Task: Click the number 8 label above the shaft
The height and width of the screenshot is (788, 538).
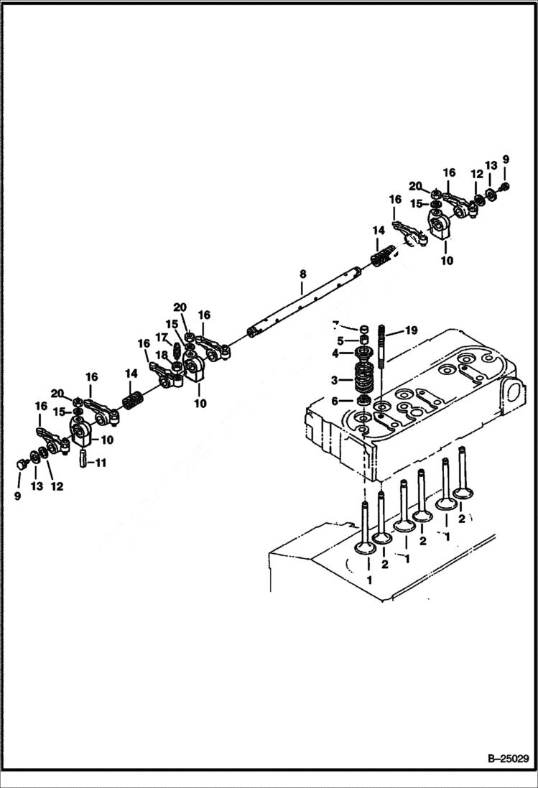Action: pos(302,274)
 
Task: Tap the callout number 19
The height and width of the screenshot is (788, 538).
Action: pos(410,330)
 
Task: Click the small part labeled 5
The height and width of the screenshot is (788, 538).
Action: pos(364,340)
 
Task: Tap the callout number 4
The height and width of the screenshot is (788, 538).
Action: pos(335,353)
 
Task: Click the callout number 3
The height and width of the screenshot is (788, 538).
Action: pos(335,379)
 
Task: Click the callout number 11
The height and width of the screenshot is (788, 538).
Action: pos(101,463)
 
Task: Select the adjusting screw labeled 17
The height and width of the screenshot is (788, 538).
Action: pos(177,351)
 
